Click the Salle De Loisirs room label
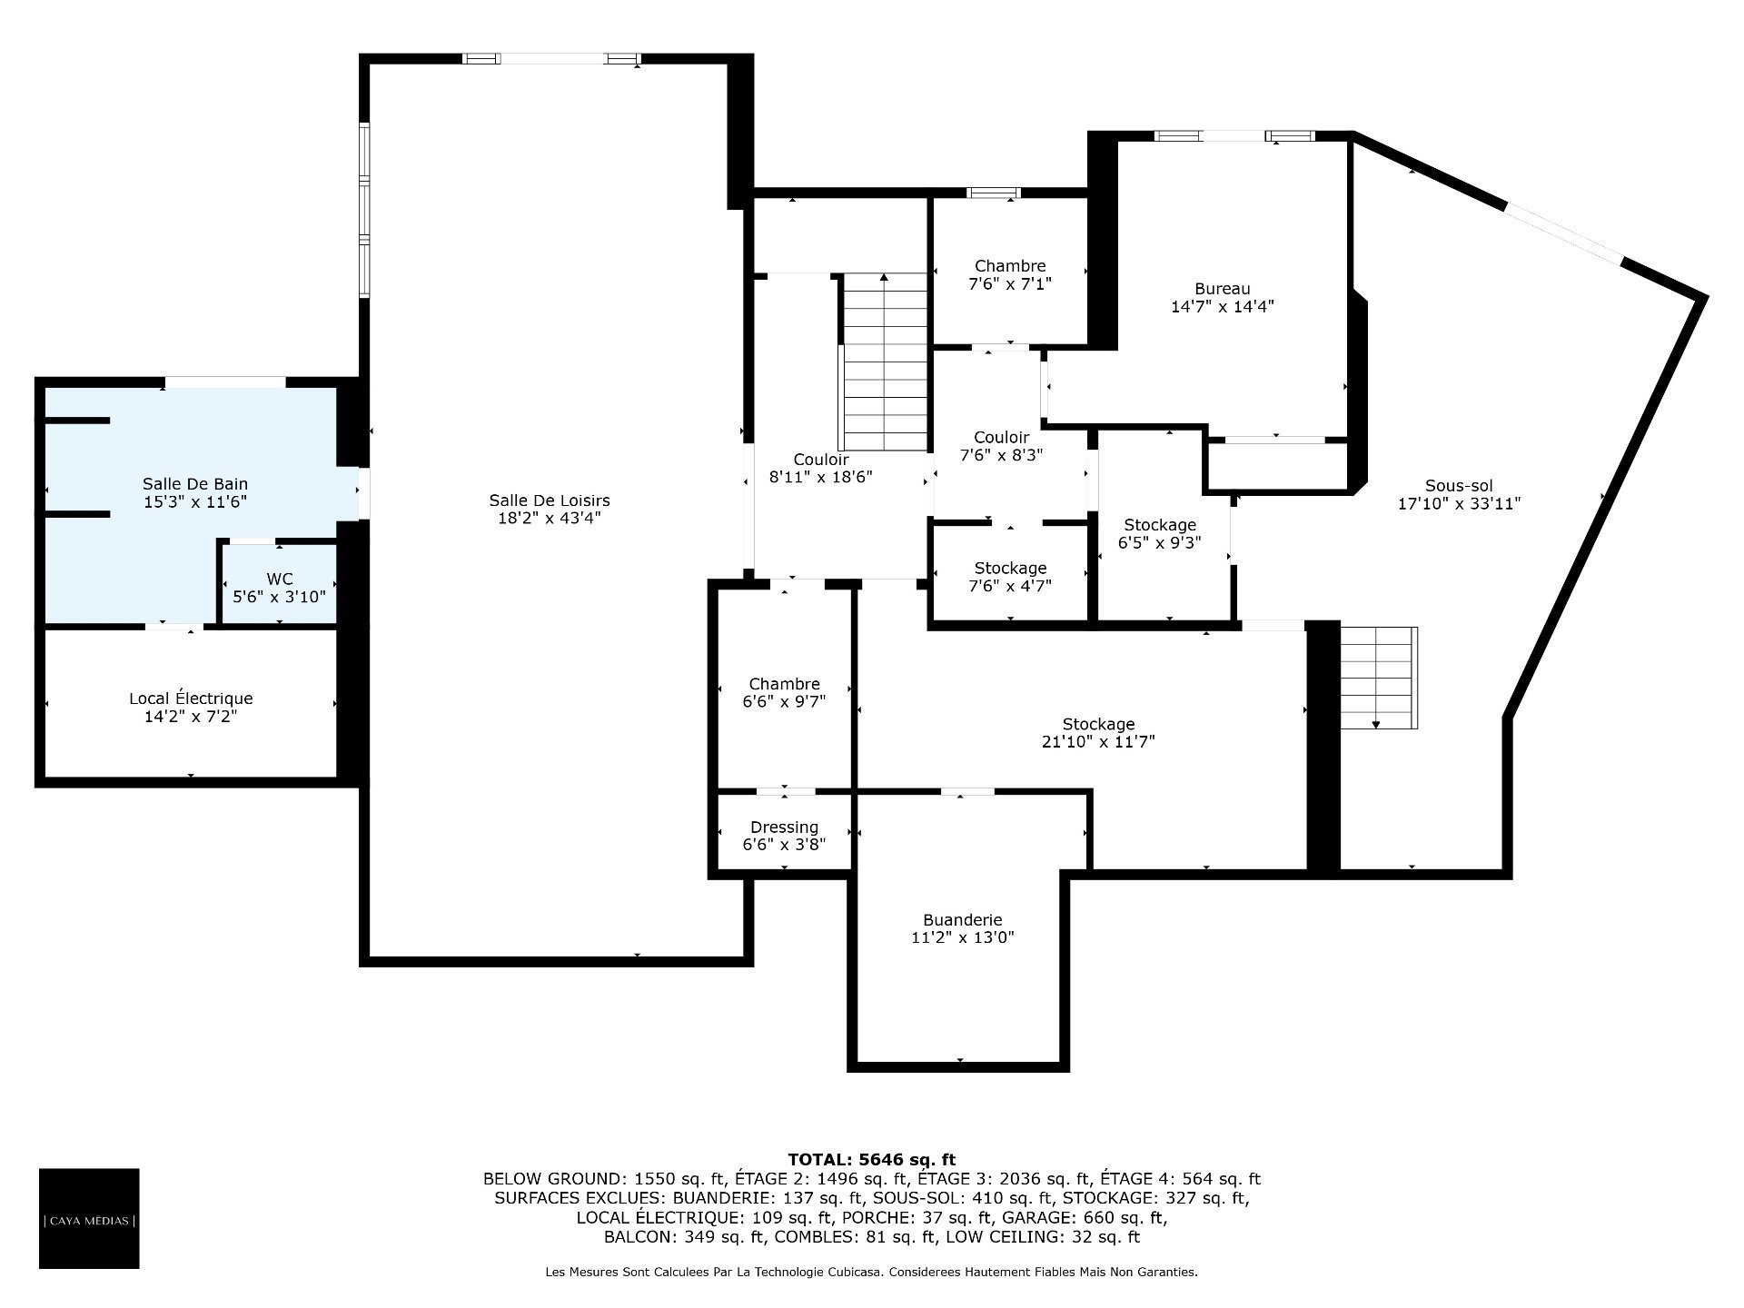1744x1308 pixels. coord(550,500)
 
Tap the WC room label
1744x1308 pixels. coord(280,579)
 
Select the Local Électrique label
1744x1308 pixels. coord(191,699)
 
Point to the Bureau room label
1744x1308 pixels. coord(1223,289)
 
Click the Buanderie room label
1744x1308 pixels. coord(963,920)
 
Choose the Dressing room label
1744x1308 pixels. coord(785,827)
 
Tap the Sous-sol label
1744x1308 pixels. coord(1459,486)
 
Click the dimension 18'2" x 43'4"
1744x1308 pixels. coord(550,519)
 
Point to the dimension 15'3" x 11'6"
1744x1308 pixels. coord(195,501)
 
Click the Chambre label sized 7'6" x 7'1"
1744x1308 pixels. coord(1010,266)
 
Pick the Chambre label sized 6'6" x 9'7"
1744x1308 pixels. coord(785,684)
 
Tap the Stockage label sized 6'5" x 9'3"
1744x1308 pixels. coord(1160,525)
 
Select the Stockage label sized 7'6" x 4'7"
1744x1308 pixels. coord(1011,569)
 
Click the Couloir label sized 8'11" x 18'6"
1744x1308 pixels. coord(821,460)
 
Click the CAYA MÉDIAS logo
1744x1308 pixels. coord(89,1218)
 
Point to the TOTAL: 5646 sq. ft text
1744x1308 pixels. coord(872,1159)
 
